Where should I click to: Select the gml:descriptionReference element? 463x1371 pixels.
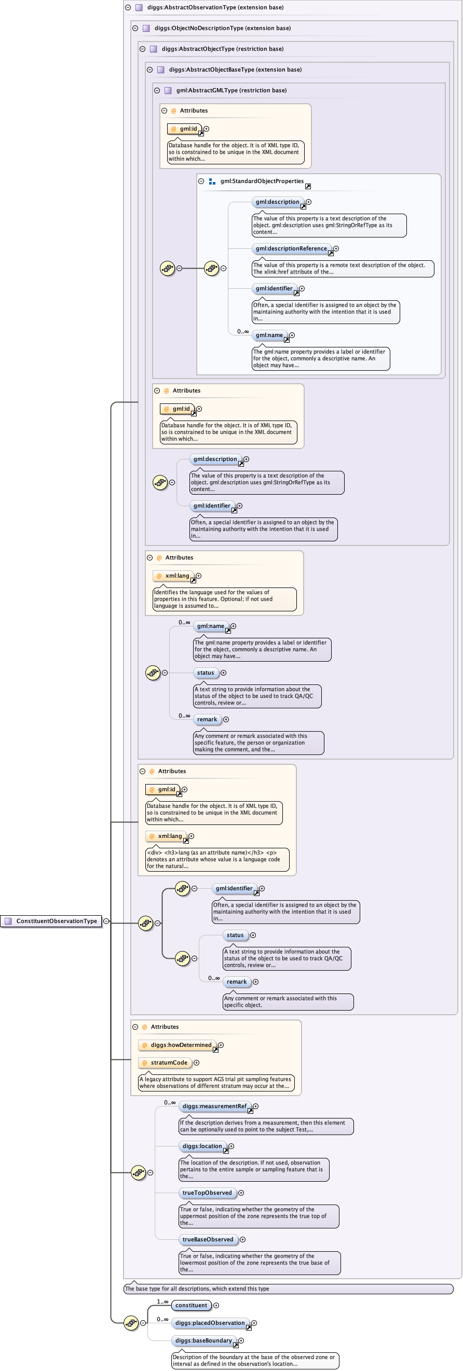(x=291, y=248)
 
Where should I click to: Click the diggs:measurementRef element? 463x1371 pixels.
(x=215, y=1106)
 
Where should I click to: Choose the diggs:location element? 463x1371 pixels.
(x=202, y=1146)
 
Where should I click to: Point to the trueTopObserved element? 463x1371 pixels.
(x=207, y=1193)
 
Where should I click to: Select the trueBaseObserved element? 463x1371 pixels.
(x=208, y=1239)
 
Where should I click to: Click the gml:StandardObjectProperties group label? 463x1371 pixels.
(x=262, y=181)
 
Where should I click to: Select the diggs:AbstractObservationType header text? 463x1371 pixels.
(x=215, y=7)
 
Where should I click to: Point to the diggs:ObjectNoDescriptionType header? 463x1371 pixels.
(x=222, y=28)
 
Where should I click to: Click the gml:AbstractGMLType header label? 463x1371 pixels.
(x=231, y=90)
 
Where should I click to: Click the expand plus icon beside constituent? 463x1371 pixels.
(x=216, y=1305)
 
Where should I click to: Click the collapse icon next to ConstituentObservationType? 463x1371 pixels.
(x=106, y=921)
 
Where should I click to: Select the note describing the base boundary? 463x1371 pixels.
(x=255, y=1360)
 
